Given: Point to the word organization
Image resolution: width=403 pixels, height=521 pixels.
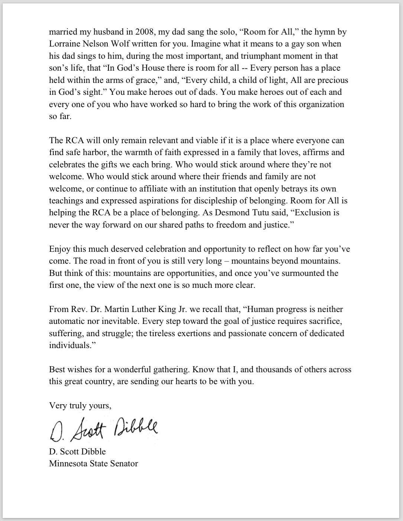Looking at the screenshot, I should point(319,104).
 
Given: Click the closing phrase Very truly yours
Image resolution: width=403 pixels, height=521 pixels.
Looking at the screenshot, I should point(80,405).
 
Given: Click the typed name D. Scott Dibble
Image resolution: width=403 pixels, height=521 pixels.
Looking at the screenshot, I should point(77,451).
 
